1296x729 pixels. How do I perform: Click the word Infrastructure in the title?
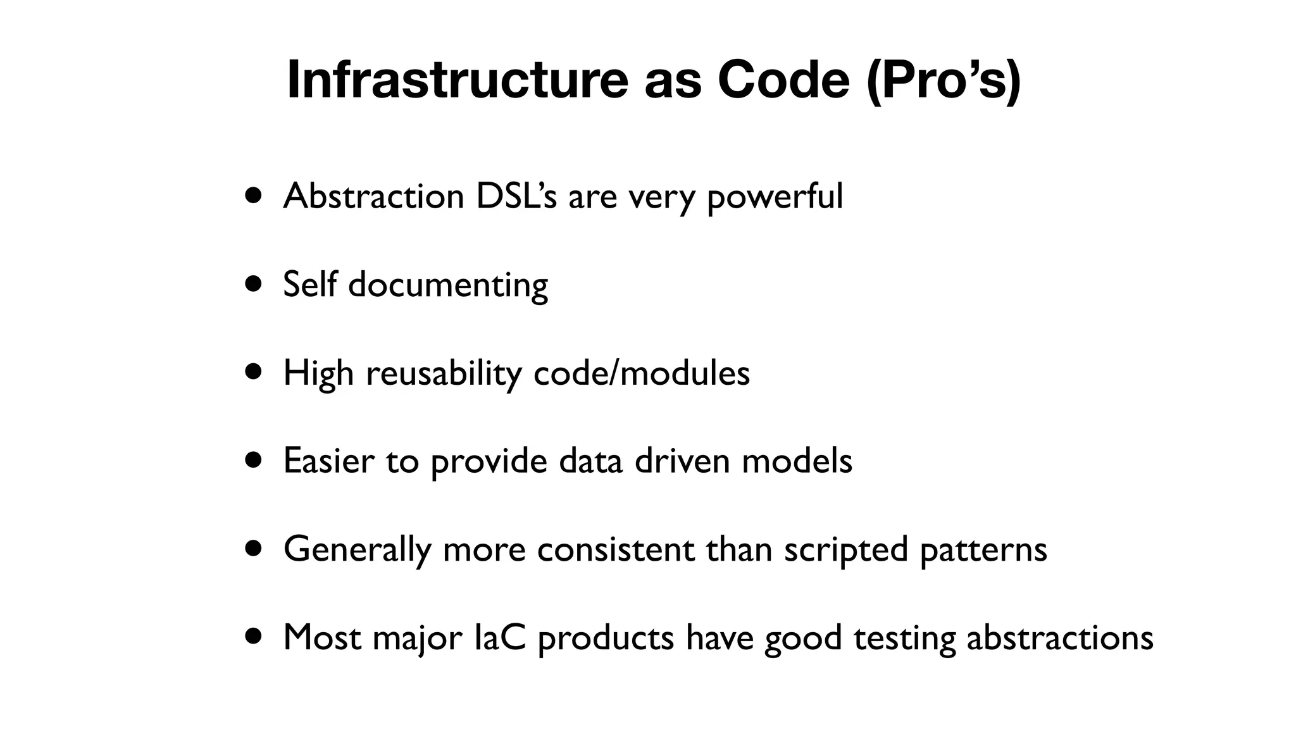click(x=457, y=80)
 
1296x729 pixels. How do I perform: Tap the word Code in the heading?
click(x=783, y=80)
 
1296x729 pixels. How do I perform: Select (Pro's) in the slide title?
click(x=943, y=80)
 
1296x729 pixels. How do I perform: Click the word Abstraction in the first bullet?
click(x=373, y=196)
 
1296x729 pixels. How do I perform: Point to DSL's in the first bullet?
click(x=516, y=196)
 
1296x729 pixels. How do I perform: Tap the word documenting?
click(x=448, y=285)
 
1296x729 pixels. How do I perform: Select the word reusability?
click(x=444, y=373)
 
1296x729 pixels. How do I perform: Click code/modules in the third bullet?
click(x=642, y=373)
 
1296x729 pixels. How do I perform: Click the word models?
click(x=797, y=461)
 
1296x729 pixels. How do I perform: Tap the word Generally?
click(x=357, y=549)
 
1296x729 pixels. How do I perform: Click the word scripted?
click(x=846, y=550)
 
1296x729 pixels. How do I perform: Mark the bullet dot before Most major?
click(x=254, y=637)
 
